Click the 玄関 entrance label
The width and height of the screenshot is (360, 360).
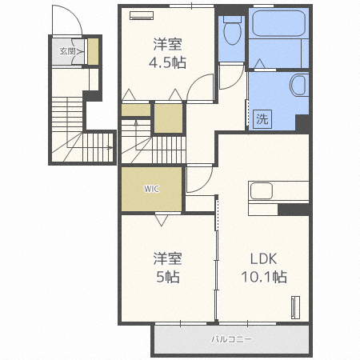coord(67,51)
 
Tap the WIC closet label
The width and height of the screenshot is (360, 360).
coord(152,189)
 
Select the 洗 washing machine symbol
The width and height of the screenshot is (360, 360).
coord(262,119)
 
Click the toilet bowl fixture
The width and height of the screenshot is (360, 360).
coord(232,30)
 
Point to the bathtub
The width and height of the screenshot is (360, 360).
coord(278,23)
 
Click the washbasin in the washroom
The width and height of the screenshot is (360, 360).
coord(298,86)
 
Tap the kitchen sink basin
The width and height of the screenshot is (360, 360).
coord(262,190)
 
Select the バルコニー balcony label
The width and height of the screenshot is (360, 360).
coord(231,339)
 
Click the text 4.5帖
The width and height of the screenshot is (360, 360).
coord(167,63)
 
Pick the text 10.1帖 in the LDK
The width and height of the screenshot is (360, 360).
coord(264,277)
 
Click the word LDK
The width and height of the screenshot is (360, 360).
coord(263,258)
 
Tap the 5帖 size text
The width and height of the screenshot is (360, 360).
coord(168,277)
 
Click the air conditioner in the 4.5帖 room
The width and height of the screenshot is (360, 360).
coord(142,15)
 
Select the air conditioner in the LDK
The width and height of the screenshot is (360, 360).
coord(295,307)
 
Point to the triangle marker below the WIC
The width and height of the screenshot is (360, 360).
coord(162,220)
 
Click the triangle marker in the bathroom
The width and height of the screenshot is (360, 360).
coord(259,64)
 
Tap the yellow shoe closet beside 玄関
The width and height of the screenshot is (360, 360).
coord(93,51)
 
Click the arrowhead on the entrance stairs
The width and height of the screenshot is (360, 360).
coord(110,147)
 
